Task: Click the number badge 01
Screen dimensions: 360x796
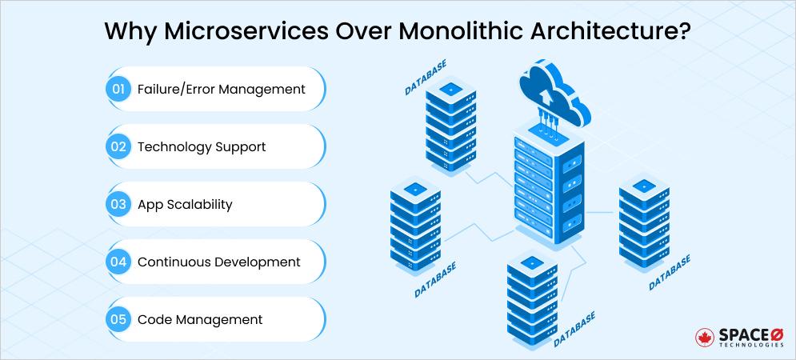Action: [x=118, y=89]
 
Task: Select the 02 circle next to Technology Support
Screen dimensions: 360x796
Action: [x=118, y=146]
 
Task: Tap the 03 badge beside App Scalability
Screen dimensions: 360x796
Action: [x=118, y=204]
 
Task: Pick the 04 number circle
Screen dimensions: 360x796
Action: [x=118, y=262]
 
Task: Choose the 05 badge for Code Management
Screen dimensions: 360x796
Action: [x=118, y=319]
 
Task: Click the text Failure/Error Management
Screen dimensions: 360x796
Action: [x=221, y=89]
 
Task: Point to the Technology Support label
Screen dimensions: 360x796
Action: [x=202, y=146]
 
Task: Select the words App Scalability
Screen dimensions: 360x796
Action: [x=185, y=204]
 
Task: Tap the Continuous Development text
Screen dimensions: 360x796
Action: [x=219, y=262]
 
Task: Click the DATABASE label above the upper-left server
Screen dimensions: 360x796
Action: [x=426, y=77]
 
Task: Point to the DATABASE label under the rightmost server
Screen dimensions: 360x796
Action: [x=669, y=272]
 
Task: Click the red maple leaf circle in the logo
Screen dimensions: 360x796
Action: [x=706, y=337]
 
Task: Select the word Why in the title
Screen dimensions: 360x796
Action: [x=126, y=33]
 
